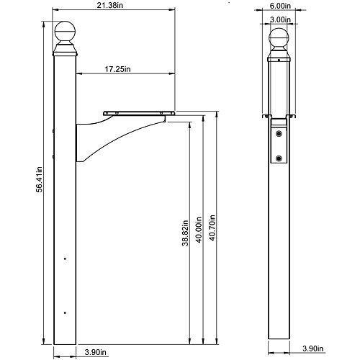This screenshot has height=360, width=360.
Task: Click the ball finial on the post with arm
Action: point(66,33)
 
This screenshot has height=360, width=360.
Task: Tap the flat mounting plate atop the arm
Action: point(140,112)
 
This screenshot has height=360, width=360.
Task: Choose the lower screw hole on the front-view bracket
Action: point(279,158)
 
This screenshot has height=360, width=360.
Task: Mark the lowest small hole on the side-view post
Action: point(66,312)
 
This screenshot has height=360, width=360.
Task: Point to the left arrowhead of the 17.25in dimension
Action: point(78,73)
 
